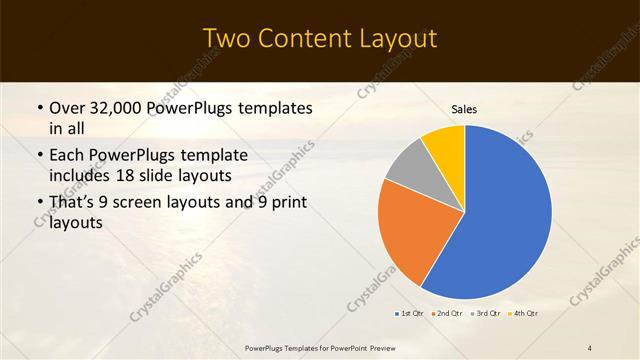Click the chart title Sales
(464, 108)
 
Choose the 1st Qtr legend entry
(410, 314)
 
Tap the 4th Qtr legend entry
(524, 314)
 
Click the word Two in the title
(226, 39)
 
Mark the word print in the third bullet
(288, 204)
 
